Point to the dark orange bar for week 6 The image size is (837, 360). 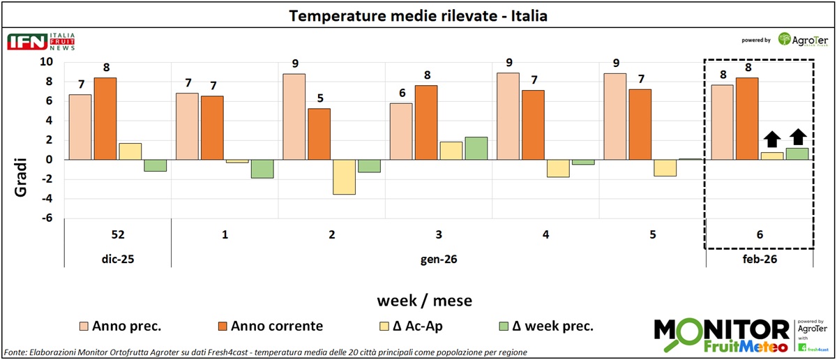point(747,119)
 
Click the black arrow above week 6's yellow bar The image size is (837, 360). point(771,138)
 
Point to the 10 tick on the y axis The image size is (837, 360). point(45,61)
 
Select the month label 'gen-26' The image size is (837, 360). point(439,258)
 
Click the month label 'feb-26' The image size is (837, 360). point(760,258)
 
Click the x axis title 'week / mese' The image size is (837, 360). point(424,301)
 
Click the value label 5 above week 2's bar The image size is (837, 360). point(319,98)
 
